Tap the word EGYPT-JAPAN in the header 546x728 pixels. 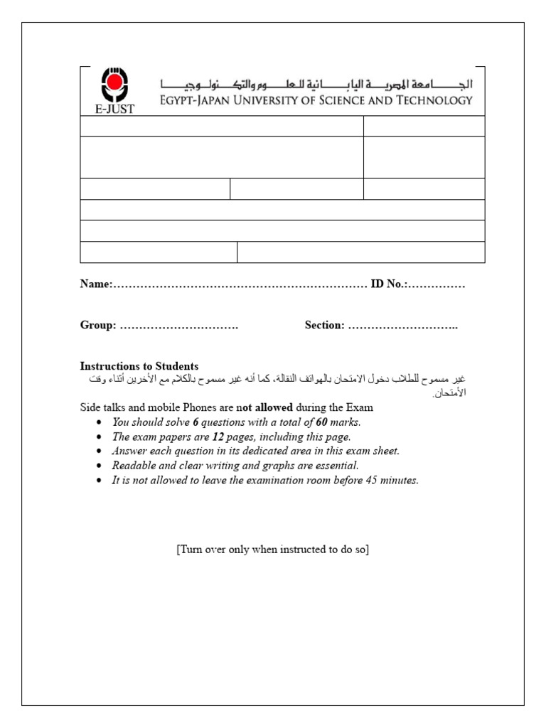pyautogui.click(x=191, y=100)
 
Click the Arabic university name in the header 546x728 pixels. pyautogui.click(x=315, y=83)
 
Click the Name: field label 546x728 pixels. pyautogui.click(x=96, y=284)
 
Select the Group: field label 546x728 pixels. pyautogui.click(x=98, y=325)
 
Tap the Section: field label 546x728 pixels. pyautogui.click(x=325, y=325)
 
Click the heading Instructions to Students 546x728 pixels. pyautogui.click(x=139, y=366)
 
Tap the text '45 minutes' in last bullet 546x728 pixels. pyautogui.click(x=392, y=481)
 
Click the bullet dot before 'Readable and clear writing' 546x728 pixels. pyautogui.click(x=98, y=466)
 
